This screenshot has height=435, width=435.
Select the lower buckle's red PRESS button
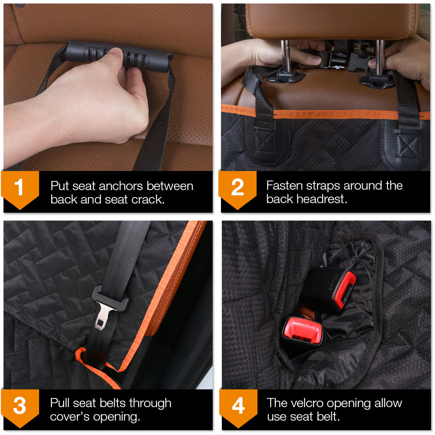click(x=302, y=330)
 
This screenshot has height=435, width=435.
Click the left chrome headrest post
click(x=286, y=57)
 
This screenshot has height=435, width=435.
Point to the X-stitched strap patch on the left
click(x=264, y=141)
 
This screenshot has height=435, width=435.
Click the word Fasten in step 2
click(x=284, y=186)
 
